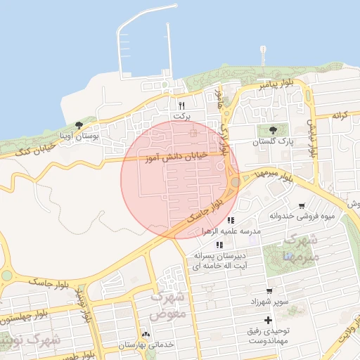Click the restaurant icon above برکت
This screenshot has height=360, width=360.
(x=181, y=105)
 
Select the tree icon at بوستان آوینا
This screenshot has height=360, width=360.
(x=78, y=125)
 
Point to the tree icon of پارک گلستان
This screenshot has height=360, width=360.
(x=273, y=130)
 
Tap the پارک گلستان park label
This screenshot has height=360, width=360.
(x=272, y=141)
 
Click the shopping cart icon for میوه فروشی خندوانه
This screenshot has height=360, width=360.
(x=302, y=206)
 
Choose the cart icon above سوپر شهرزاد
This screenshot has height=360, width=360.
(x=269, y=290)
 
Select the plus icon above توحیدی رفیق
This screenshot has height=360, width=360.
(x=268, y=321)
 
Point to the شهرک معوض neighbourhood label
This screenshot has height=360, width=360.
(x=169, y=304)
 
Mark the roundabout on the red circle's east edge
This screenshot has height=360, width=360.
(x=234, y=182)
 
